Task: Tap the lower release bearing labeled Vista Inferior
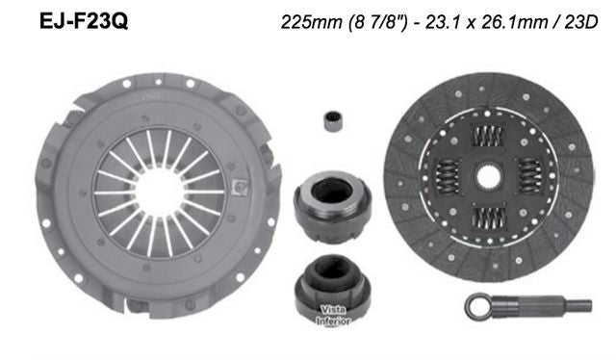click(331, 288)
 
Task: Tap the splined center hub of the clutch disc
click(490, 179)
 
